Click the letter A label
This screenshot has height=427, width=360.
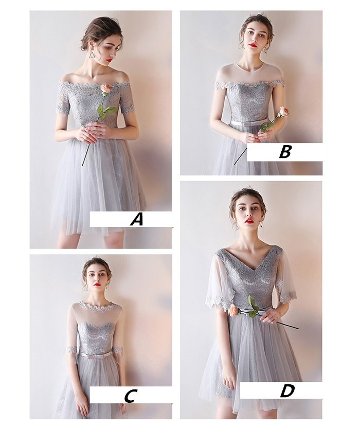click(x=137, y=219)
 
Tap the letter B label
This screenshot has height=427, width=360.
click(x=285, y=152)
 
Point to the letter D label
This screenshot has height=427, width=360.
click(x=287, y=390)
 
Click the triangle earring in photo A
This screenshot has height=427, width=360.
click(x=91, y=57)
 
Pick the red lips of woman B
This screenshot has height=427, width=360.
click(x=253, y=45)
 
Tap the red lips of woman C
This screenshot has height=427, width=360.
click(x=96, y=284)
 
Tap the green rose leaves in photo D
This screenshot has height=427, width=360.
click(x=253, y=307)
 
